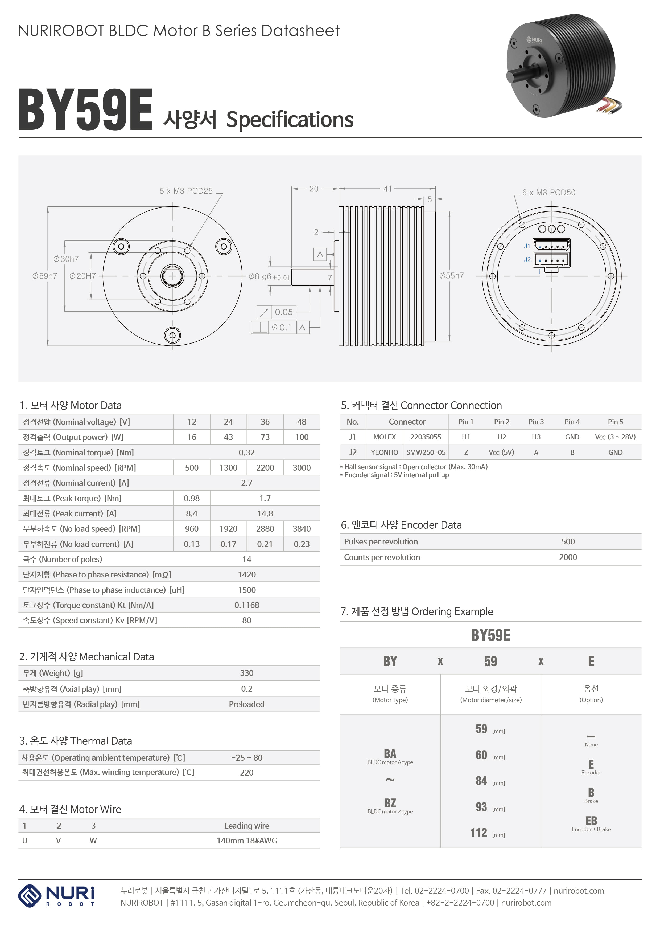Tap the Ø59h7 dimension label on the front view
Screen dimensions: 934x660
(x=45, y=276)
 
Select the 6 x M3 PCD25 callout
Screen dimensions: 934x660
(x=186, y=191)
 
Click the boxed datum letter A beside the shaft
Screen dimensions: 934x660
(x=320, y=254)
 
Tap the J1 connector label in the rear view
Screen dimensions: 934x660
(x=527, y=246)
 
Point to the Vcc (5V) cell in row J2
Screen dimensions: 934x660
(x=501, y=452)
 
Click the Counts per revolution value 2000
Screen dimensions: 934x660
(x=567, y=557)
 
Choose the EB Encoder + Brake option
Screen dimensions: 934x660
(x=591, y=824)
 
